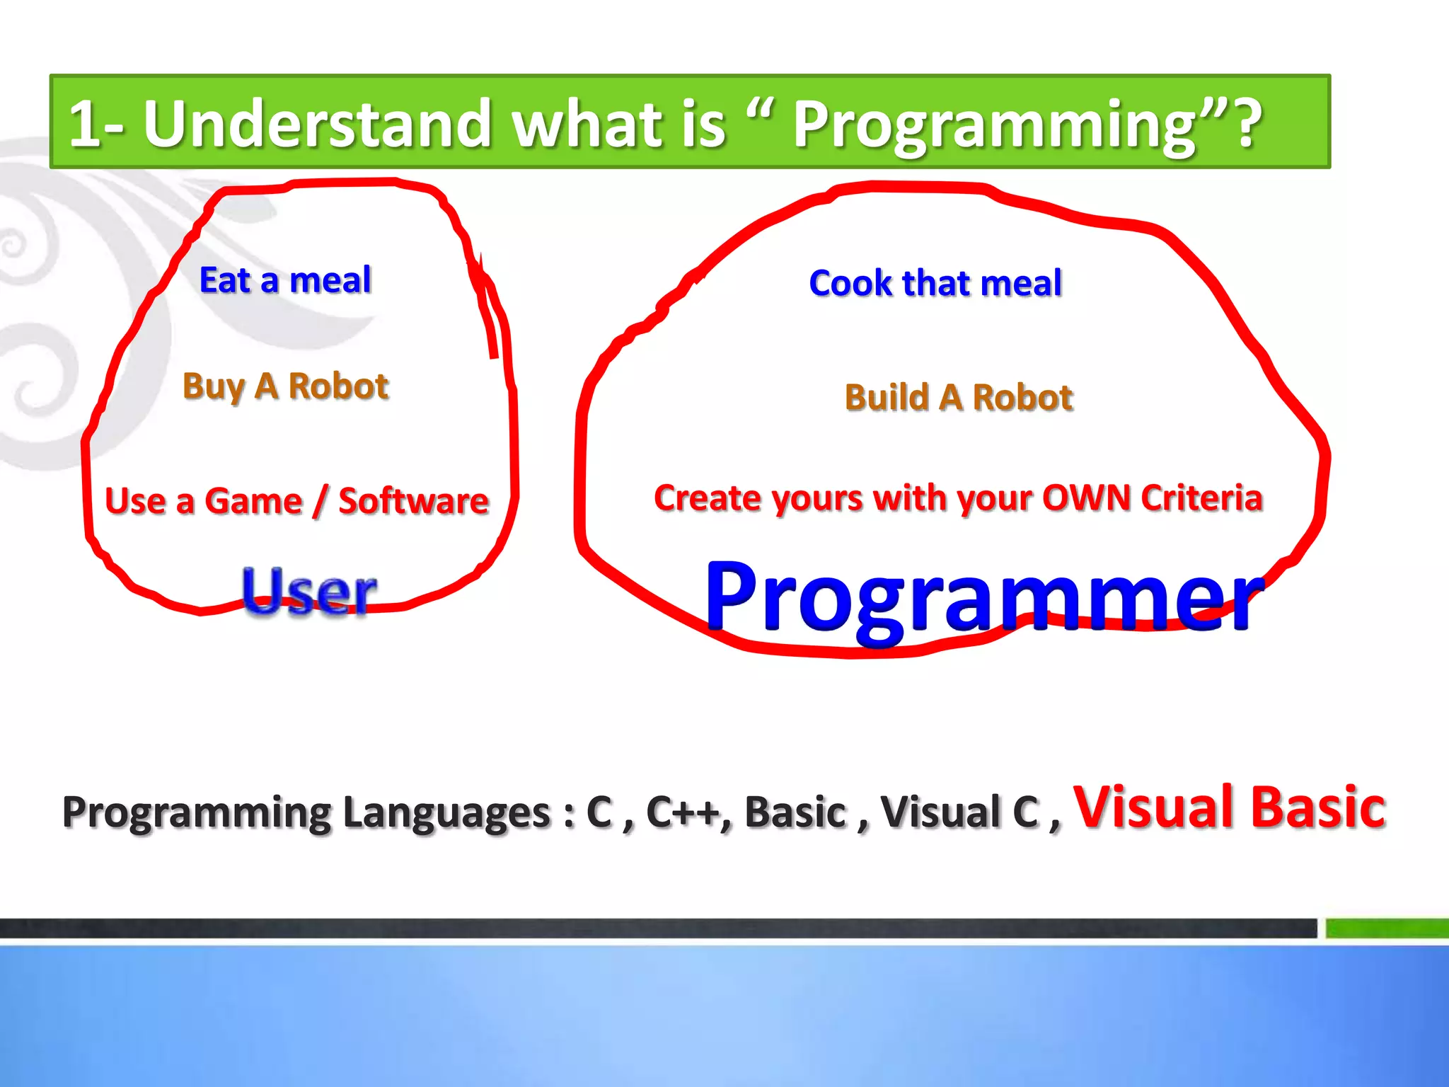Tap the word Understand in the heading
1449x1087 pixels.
pos(317,124)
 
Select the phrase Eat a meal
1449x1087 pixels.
pos(285,280)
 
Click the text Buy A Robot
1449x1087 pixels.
pos(285,386)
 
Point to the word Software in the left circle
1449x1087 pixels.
pos(413,501)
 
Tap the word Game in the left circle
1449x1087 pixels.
pos(253,501)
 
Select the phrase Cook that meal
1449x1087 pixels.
pos(935,283)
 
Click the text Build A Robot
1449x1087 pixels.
pos(959,397)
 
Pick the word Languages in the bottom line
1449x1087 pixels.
pos(446,812)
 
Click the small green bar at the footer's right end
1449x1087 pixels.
pos(1387,928)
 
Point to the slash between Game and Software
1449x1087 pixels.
pos(321,501)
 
